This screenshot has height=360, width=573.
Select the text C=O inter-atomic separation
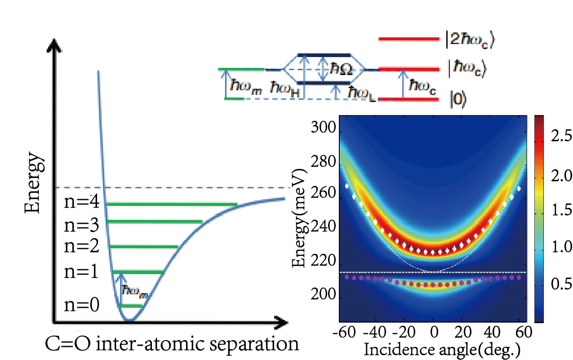pyautogui.click(x=172, y=344)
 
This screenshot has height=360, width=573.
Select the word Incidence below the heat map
pyautogui.click(x=399, y=350)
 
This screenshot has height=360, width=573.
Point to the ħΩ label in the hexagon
pyautogui.click(x=341, y=69)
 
